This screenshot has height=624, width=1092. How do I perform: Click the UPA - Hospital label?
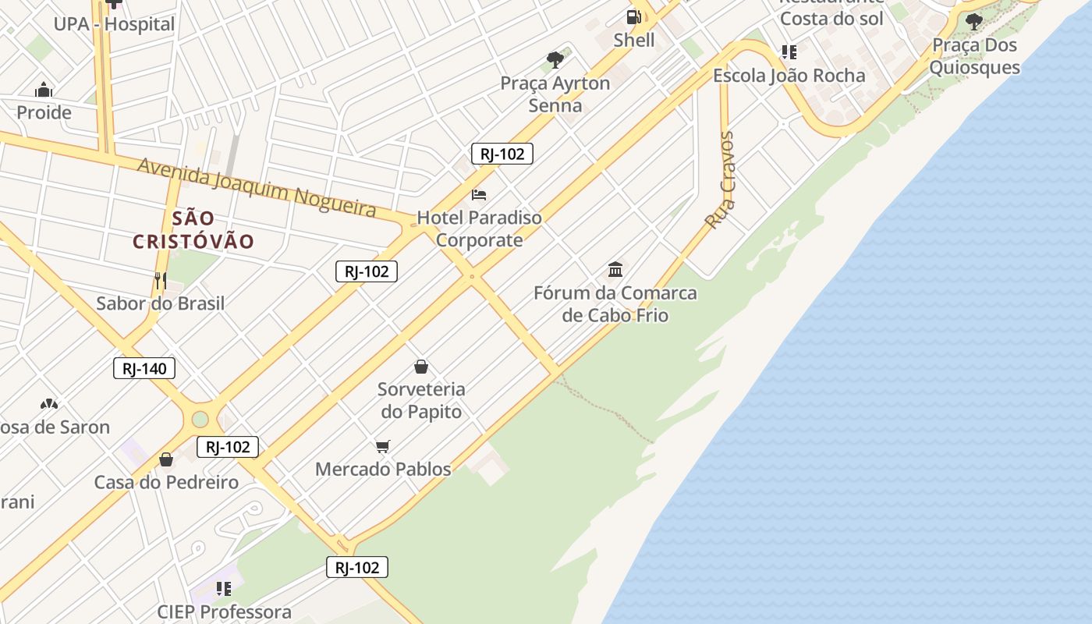pos(114,24)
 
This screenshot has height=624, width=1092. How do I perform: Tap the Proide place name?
pos(44,112)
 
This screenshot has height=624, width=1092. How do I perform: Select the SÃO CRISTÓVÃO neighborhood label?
pos(193,230)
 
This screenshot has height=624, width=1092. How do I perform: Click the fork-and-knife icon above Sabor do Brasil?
pos(161,281)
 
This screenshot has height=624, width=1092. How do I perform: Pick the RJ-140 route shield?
pos(144,368)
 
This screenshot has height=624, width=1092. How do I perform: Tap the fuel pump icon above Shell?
pos(634,16)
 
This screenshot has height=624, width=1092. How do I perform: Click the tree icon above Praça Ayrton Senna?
pos(555,59)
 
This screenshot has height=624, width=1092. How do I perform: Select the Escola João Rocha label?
pos(789,76)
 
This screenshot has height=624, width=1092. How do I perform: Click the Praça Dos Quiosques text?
pos(974,56)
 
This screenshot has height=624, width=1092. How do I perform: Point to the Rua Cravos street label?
pos(720,180)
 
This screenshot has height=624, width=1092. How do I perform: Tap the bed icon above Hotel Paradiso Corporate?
pos(479,194)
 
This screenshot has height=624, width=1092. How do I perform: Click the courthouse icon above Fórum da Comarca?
pos(615,270)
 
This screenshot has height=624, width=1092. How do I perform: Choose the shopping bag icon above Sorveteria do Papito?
pos(421,366)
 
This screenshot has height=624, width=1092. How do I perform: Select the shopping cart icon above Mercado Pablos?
pos(382,446)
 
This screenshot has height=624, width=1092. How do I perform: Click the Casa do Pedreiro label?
pos(166,482)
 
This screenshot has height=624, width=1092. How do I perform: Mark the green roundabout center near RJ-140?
pos(200,419)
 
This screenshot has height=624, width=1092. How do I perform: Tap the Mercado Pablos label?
pos(383,469)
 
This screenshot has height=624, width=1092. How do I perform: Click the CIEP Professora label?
pos(224,612)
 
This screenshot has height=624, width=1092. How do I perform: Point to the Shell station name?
pos(634,40)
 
